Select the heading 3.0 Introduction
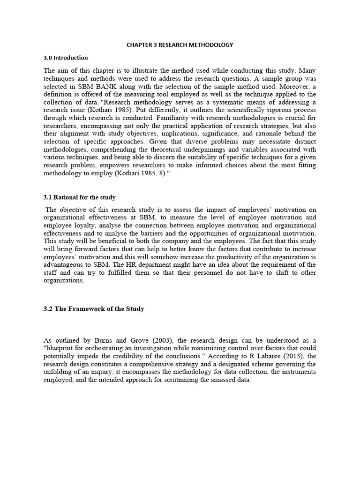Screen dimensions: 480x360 (x=65, y=58)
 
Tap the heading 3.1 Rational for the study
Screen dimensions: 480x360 (x=79, y=197)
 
